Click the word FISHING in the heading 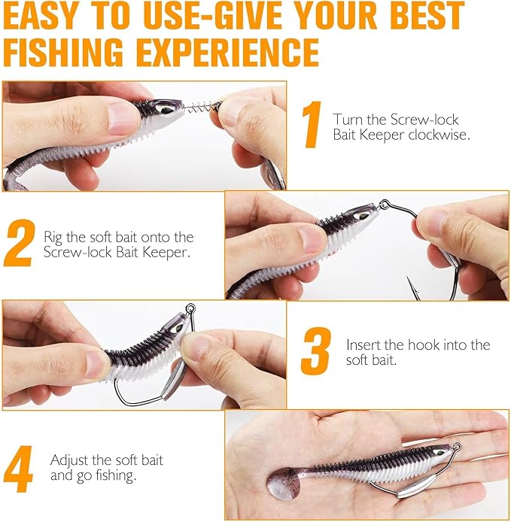click(72, 51)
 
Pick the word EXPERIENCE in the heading click(235, 51)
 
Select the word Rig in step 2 click(53, 237)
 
